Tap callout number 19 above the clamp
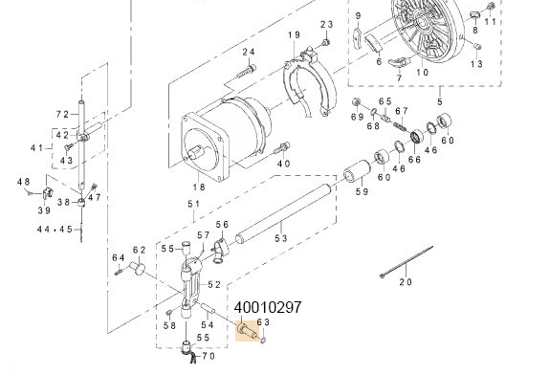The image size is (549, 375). pos(294,36)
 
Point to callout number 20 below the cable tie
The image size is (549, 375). pos(405,282)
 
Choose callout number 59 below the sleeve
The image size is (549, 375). pos(362,193)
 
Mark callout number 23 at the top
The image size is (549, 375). pos(326,24)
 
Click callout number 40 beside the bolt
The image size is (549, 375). pos(283,164)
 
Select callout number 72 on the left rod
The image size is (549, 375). pos(61,115)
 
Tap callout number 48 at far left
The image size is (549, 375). pos(24,182)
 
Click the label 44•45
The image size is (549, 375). pos(54,230)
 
